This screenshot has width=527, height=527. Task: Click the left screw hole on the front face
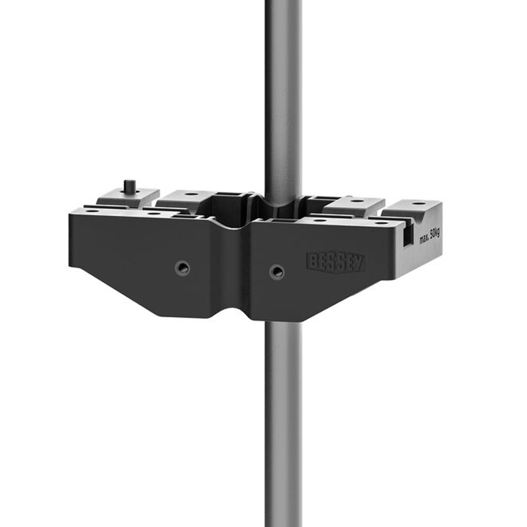coord(182,267)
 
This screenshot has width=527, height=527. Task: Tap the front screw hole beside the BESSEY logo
coord(277,271)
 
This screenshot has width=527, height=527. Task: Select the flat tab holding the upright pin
coord(128,196)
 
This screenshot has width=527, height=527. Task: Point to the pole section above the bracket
coord(283,99)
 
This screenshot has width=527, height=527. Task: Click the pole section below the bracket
coord(283,422)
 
